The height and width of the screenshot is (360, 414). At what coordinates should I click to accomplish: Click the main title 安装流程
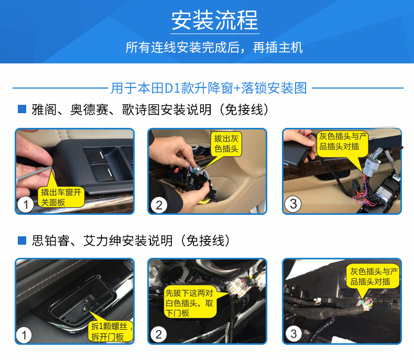pyautogui.click(x=214, y=21)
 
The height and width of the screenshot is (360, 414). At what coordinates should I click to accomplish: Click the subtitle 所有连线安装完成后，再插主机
pyautogui.click(x=214, y=48)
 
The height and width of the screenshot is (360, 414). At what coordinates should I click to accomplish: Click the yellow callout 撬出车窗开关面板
pyautogui.click(x=62, y=197)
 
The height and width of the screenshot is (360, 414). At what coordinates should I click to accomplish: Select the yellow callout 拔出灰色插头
pyautogui.click(x=226, y=144)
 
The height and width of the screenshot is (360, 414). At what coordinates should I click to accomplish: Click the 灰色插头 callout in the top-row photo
pyautogui.click(x=343, y=141)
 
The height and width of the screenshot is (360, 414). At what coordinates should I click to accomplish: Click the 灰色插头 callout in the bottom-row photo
pyautogui.click(x=374, y=276)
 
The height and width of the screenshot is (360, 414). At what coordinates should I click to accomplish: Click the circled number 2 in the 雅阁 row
pyautogui.click(x=159, y=204)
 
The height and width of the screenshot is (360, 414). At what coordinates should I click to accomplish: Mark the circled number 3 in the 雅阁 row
pyautogui.click(x=293, y=203)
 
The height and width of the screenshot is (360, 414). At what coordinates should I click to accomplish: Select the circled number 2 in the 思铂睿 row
pyautogui.click(x=159, y=334)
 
